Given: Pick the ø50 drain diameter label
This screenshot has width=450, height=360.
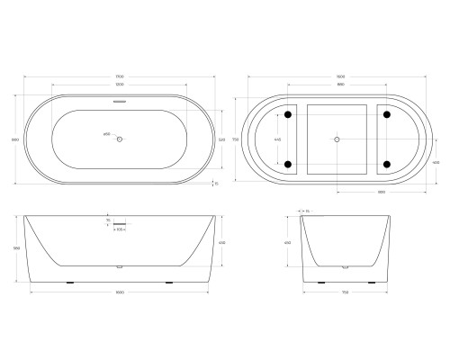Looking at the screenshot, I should [x=106, y=134].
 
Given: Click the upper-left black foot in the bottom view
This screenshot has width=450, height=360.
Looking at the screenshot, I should [x=288, y=115].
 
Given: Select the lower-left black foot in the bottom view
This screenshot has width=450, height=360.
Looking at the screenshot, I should [x=288, y=165].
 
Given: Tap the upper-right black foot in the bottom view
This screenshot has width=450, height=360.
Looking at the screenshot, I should [x=386, y=115].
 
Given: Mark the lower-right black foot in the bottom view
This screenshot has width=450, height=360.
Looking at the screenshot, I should [x=386, y=165].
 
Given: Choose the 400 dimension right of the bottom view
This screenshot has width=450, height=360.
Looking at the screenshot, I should [x=435, y=162].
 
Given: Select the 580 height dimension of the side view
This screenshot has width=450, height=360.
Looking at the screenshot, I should [x=18, y=248].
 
